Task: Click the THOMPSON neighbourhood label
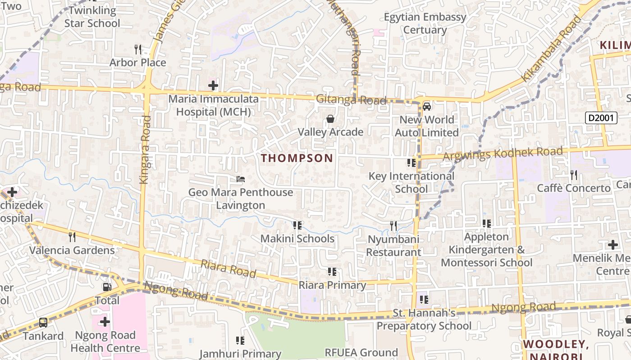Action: pyautogui.click(x=297, y=158)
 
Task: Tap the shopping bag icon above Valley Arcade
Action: pyautogui.click(x=330, y=119)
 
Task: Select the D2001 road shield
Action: pyautogui.click(x=601, y=118)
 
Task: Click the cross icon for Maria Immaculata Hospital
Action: pyautogui.click(x=213, y=85)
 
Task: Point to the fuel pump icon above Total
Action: pyautogui.click(x=107, y=287)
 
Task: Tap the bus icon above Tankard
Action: pyautogui.click(x=43, y=322)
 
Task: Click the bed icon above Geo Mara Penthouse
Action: pyautogui.click(x=241, y=179)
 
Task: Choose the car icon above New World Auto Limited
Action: pyautogui.click(x=427, y=107)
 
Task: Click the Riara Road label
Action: pyautogui.click(x=229, y=269)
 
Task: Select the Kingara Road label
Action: pyautogui.click(x=145, y=150)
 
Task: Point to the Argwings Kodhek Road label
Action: pyautogui.click(x=503, y=154)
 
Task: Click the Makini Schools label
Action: pyautogui.click(x=297, y=238)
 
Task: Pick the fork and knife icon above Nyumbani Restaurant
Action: pyautogui.click(x=393, y=225)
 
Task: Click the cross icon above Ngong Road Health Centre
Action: pyautogui.click(x=105, y=322)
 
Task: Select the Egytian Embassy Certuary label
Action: pyautogui.click(x=425, y=23)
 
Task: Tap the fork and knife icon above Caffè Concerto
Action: pyautogui.click(x=573, y=174)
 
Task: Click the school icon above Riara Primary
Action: pyautogui.click(x=332, y=272)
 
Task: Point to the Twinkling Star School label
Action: pyautogui.click(x=92, y=17)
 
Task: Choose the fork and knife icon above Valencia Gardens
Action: pyautogui.click(x=72, y=237)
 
